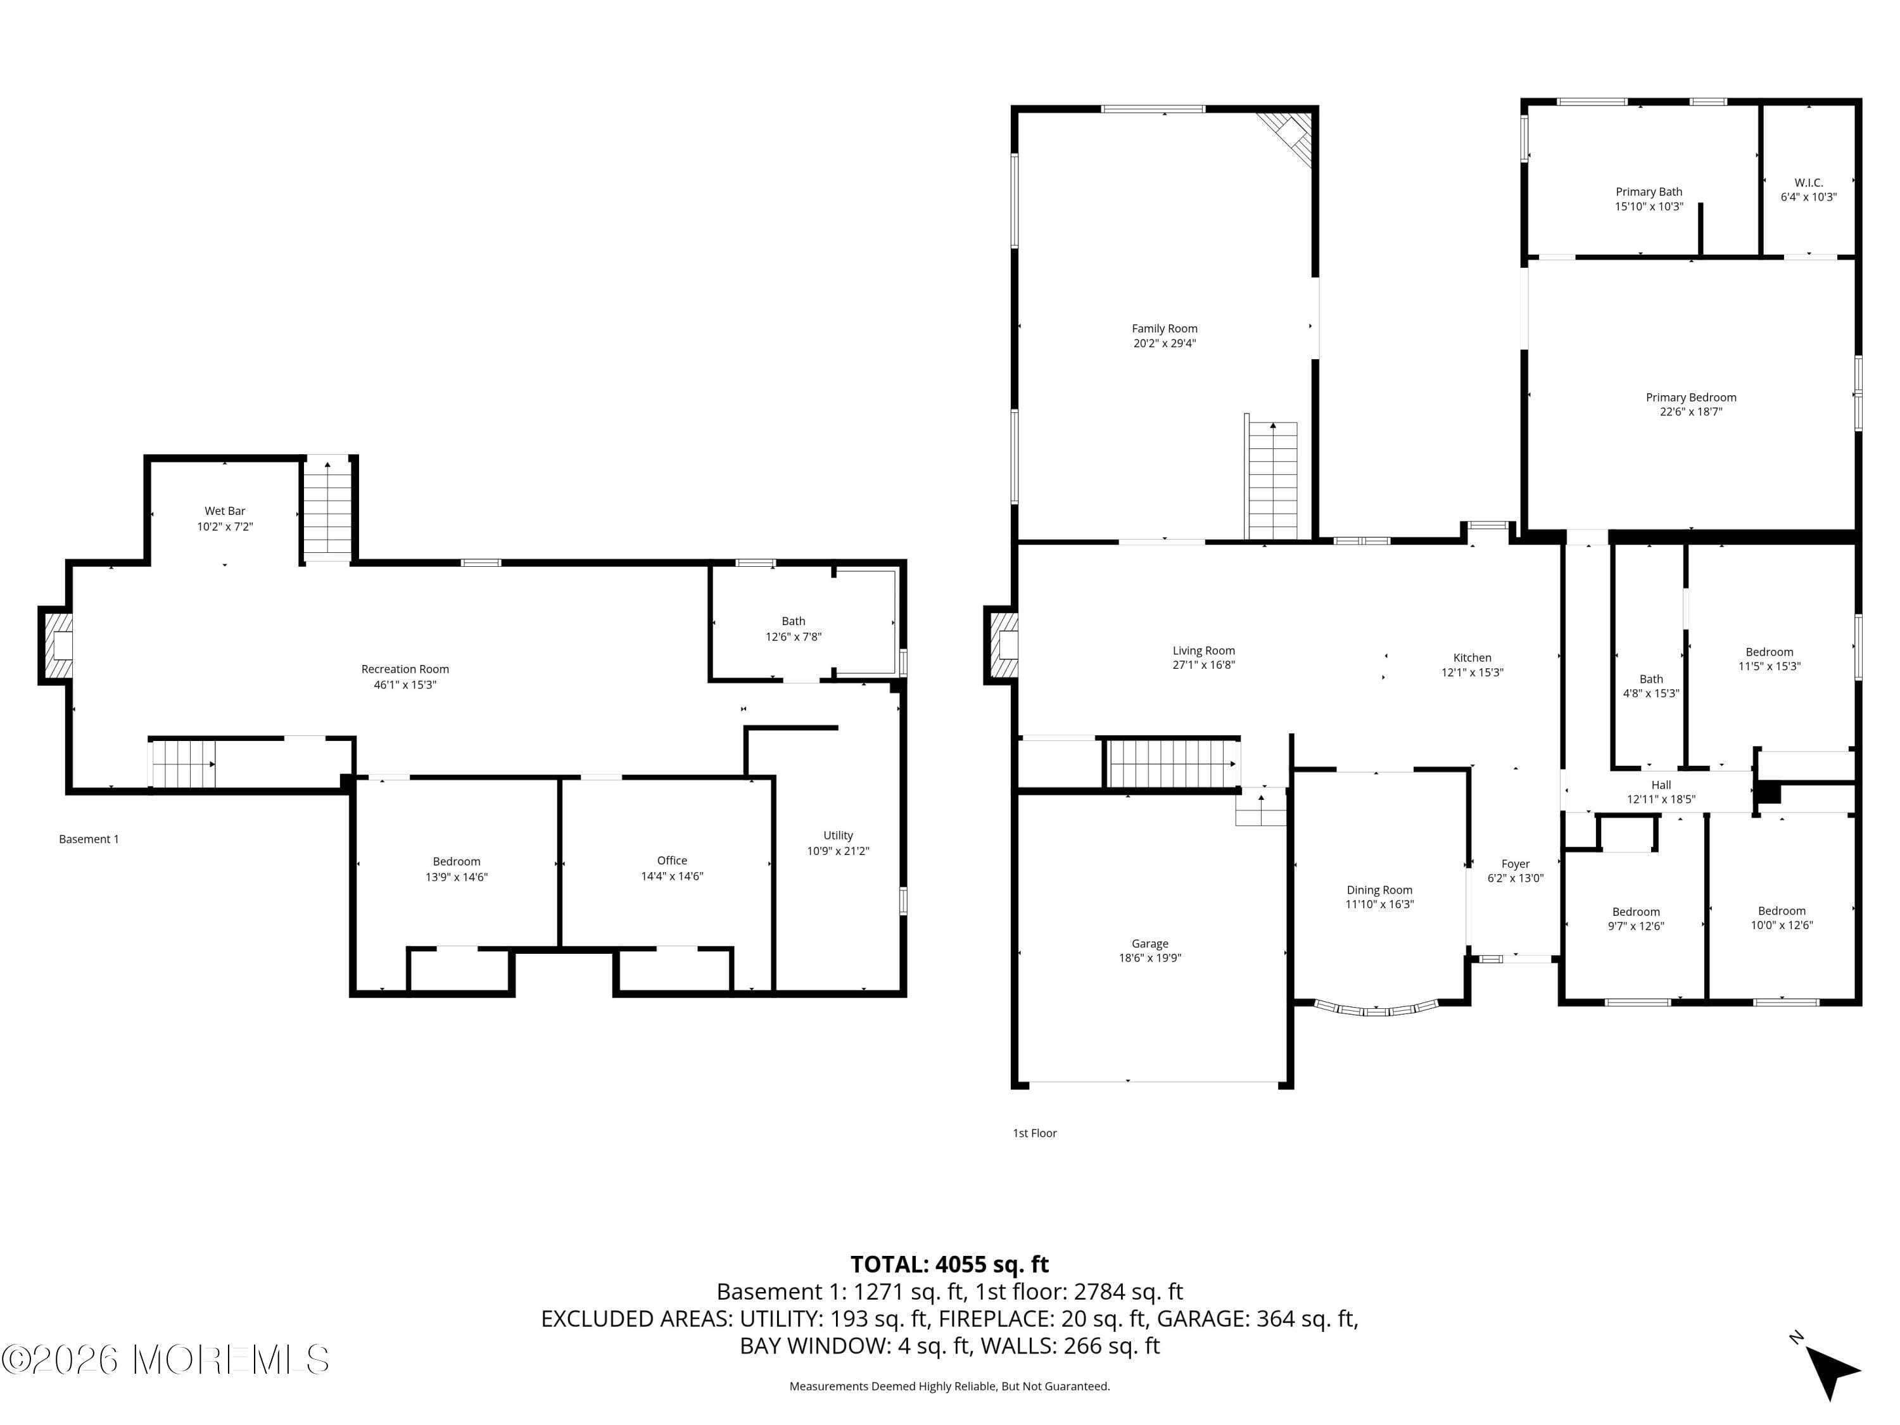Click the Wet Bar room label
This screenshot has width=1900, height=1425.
coord(224,511)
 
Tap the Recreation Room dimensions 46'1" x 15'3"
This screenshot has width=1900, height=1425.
coord(405,685)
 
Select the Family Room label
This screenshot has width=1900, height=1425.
coord(1164,328)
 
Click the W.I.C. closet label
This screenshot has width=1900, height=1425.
coord(1808,182)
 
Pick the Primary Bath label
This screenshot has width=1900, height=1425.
coord(1649,191)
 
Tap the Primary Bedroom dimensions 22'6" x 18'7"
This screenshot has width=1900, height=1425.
coord(1690,412)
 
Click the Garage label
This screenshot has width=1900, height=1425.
coord(1149,943)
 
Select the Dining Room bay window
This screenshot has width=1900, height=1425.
coord(1377,1010)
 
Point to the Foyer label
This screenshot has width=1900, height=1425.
coord(1515,864)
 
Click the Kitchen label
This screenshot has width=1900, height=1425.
coord(1472,657)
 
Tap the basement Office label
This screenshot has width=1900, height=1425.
coord(672,860)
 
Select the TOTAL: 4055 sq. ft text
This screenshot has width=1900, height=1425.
coord(949,1264)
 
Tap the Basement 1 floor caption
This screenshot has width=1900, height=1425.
coord(89,839)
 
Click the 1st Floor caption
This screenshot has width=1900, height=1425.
coord(1034,1133)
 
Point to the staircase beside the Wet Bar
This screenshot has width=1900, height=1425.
coord(327,511)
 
